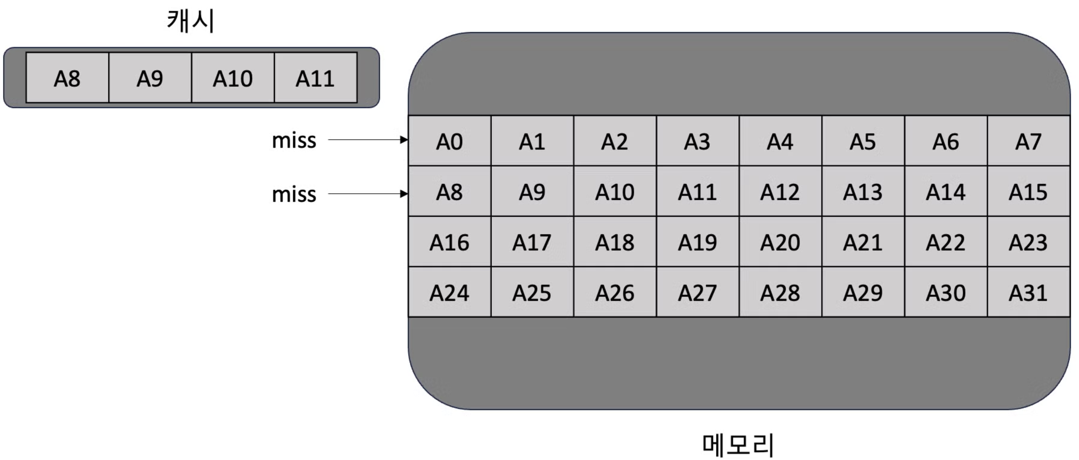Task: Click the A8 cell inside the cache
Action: [67, 78]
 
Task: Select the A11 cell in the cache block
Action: [315, 78]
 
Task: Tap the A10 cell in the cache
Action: [233, 78]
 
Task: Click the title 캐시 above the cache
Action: [191, 21]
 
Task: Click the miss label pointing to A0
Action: [294, 140]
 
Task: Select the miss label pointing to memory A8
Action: [294, 194]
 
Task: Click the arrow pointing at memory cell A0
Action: [368, 139]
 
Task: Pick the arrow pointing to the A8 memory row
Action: [368, 194]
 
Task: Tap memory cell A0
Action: [449, 141]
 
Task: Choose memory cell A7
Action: [1028, 141]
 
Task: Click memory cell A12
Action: [780, 191]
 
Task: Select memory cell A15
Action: [1028, 191]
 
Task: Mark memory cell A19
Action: [697, 242]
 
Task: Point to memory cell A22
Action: [946, 242]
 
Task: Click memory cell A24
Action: [449, 292]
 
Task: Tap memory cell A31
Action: [1028, 292]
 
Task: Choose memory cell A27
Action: [697, 292]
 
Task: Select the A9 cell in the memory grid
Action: [532, 191]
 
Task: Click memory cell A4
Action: [780, 141]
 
